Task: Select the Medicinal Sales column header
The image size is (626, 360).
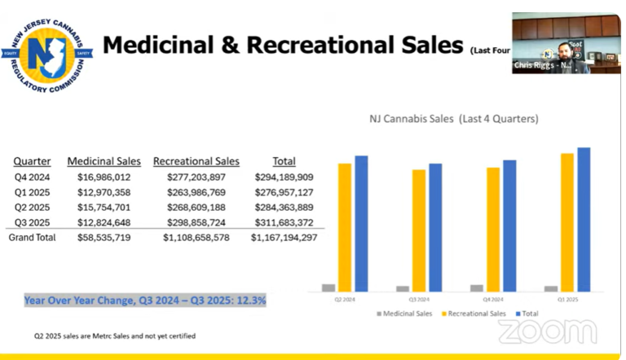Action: [104, 161]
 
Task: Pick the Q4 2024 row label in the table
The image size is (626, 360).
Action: [32, 177]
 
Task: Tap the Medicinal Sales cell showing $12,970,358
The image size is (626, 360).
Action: [104, 192]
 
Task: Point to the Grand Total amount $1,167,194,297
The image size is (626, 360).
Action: [284, 238]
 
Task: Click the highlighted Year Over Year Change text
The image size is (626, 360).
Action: [145, 301]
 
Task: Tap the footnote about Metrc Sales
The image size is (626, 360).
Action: [114, 336]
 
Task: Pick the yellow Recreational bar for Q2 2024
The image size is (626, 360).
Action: [345, 227]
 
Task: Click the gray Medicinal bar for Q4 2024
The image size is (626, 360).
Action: [476, 288]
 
